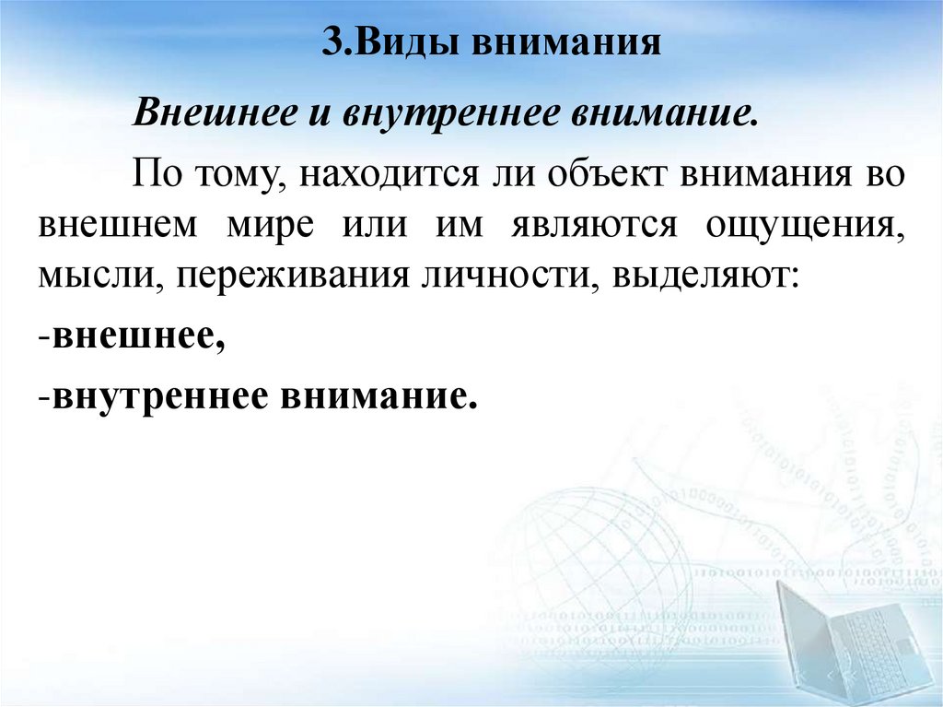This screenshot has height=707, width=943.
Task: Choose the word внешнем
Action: point(118,225)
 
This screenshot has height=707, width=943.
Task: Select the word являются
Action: point(593,225)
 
